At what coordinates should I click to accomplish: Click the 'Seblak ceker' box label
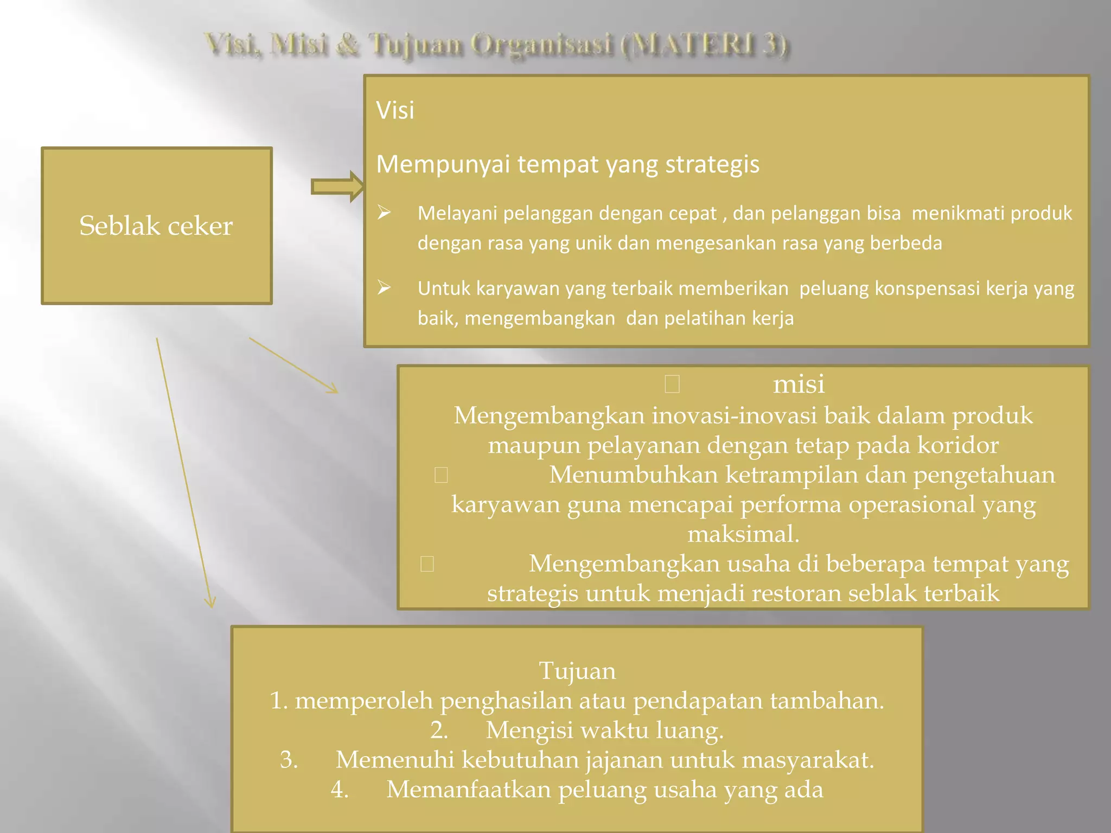coord(156,226)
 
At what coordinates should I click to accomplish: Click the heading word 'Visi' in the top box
coord(395,111)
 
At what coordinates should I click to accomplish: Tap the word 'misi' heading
coord(799,384)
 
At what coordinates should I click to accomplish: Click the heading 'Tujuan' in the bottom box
coord(577,671)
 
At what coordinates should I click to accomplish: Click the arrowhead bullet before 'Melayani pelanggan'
coord(384,213)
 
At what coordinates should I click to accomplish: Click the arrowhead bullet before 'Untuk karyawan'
coord(384,287)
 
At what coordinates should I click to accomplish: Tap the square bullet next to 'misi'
coord(672,385)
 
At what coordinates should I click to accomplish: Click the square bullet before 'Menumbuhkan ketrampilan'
coord(441,475)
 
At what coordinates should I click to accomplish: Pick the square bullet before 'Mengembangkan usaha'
coord(427,564)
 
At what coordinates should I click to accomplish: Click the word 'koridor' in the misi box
coord(957,445)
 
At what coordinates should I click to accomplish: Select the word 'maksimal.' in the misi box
coord(743,534)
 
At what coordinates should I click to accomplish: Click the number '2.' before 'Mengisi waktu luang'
coord(439,730)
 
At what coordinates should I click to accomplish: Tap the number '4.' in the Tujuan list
coord(340,789)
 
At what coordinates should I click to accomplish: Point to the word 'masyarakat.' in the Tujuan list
coord(808,760)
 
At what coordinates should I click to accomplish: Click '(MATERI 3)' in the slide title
coord(705,44)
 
